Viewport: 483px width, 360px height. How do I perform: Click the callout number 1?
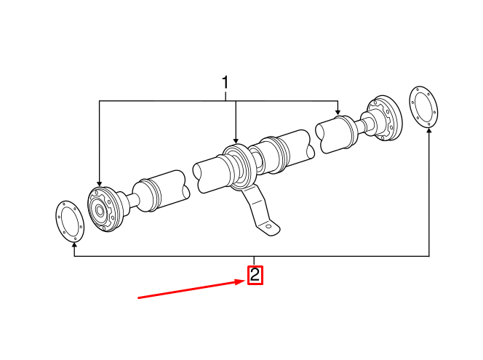[225, 82]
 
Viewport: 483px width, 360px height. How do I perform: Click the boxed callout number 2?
[255, 275]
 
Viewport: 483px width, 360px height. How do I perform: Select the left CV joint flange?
[105, 209]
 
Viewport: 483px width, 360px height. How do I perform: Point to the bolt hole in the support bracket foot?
[268, 227]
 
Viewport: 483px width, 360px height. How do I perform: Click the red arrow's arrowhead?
[241, 282]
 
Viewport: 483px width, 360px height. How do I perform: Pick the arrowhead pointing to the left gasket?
[74, 245]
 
